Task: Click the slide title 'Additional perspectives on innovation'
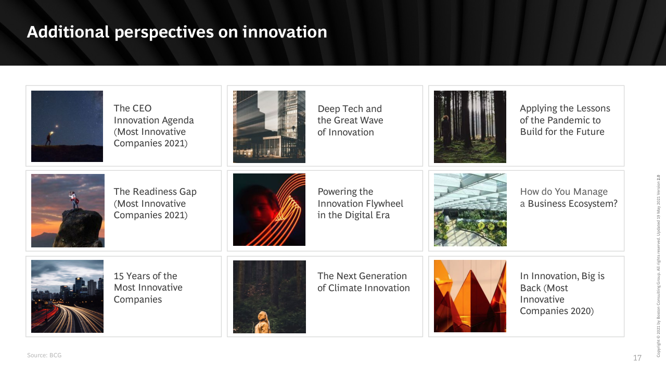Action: (x=177, y=32)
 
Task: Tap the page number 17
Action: (x=637, y=358)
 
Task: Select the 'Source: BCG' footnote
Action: (x=44, y=355)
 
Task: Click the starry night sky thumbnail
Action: (x=67, y=126)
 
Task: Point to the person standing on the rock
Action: (x=73, y=200)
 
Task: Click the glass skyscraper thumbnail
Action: (x=269, y=127)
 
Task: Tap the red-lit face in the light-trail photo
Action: (x=261, y=208)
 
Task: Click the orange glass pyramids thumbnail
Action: (x=470, y=296)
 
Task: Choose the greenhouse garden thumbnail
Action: (x=470, y=210)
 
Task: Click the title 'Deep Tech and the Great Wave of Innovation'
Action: (x=350, y=120)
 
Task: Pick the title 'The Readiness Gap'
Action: (x=155, y=191)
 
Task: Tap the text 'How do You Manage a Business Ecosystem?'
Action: (x=569, y=197)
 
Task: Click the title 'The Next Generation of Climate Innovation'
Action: (x=363, y=282)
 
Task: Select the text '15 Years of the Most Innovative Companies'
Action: (x=148, y=287)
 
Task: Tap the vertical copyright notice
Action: (x=659, y=266)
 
